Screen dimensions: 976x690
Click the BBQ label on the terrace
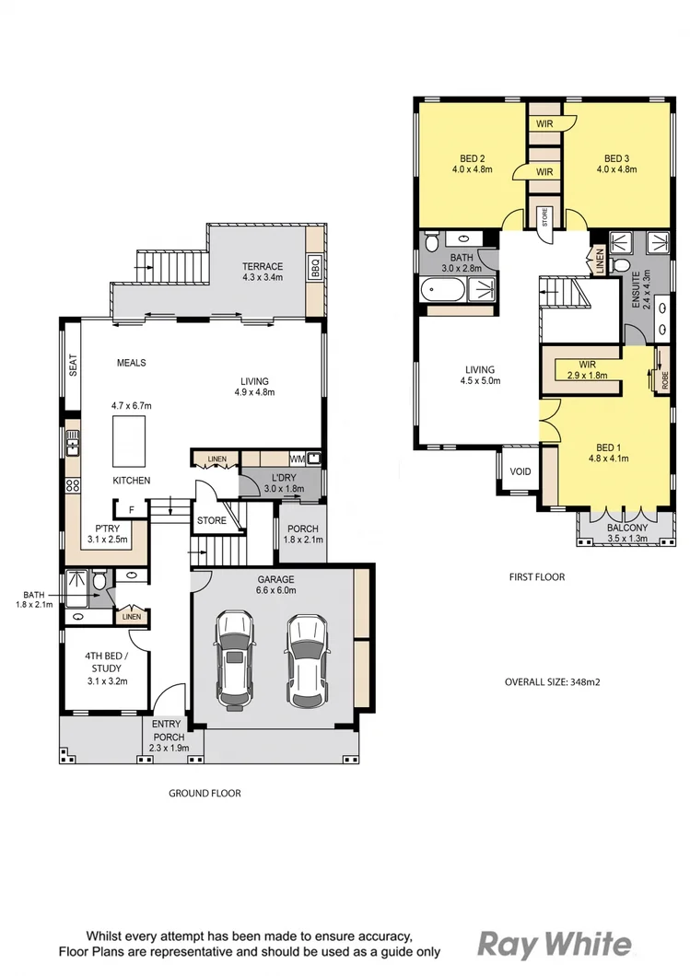[314, 268]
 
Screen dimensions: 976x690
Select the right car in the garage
[306, 660]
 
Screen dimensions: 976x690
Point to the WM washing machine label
[296, 458]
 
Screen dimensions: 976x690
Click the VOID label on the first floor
[520, 471]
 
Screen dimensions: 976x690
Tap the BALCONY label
[627, 528]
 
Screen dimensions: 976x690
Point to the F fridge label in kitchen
[132, 508]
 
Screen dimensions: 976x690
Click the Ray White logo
[555, 944]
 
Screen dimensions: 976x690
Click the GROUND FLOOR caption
[205, 793]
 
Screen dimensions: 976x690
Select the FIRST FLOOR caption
[537, 577]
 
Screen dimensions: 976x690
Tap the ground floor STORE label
[212, 521]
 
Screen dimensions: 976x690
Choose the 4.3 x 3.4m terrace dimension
[263, 277]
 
